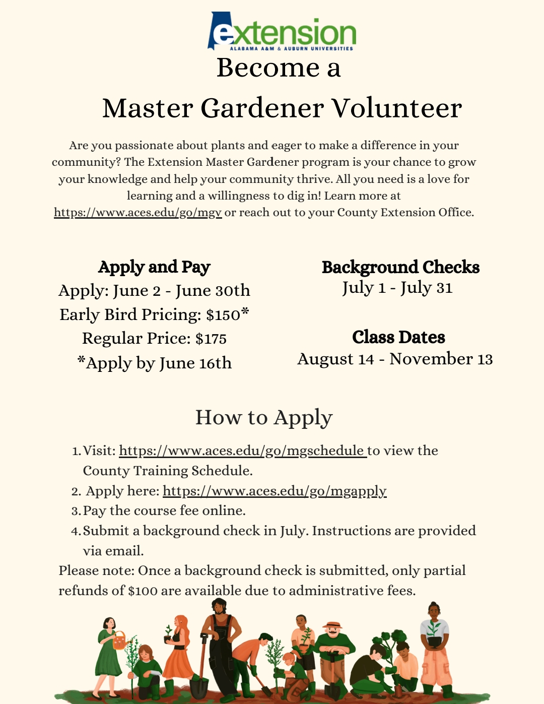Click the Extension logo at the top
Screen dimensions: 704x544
[282, 32]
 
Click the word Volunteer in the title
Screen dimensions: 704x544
[396, 108]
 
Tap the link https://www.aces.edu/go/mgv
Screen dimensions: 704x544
[138, 213]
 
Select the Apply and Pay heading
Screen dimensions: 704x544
[154, 267]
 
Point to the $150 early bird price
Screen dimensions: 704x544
[223, 315]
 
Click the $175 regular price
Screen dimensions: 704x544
[211, 339]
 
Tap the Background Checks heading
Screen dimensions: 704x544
[400, 267]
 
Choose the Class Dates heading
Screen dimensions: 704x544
[398, 337]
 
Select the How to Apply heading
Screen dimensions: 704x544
[264, 417]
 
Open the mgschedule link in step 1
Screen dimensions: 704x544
[242, 451]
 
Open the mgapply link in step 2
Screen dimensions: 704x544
[275, 491]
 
